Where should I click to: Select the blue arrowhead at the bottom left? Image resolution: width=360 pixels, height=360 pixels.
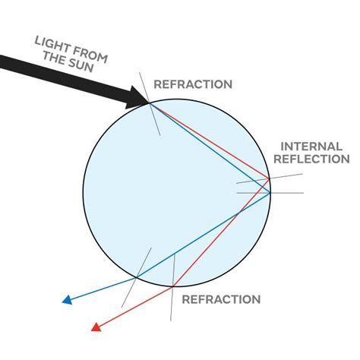67,299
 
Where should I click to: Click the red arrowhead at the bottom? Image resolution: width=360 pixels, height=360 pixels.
96,327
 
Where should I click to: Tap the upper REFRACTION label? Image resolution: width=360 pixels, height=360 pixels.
193,84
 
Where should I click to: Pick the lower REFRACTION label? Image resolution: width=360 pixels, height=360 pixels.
221,299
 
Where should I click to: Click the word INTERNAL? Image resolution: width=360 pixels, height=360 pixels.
314,145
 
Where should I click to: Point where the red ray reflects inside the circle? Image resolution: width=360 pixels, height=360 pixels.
269,179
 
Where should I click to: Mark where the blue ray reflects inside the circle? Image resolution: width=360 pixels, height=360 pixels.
271,193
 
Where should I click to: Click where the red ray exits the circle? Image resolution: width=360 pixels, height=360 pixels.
174,285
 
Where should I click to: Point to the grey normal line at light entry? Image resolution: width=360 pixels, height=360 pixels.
156,122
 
